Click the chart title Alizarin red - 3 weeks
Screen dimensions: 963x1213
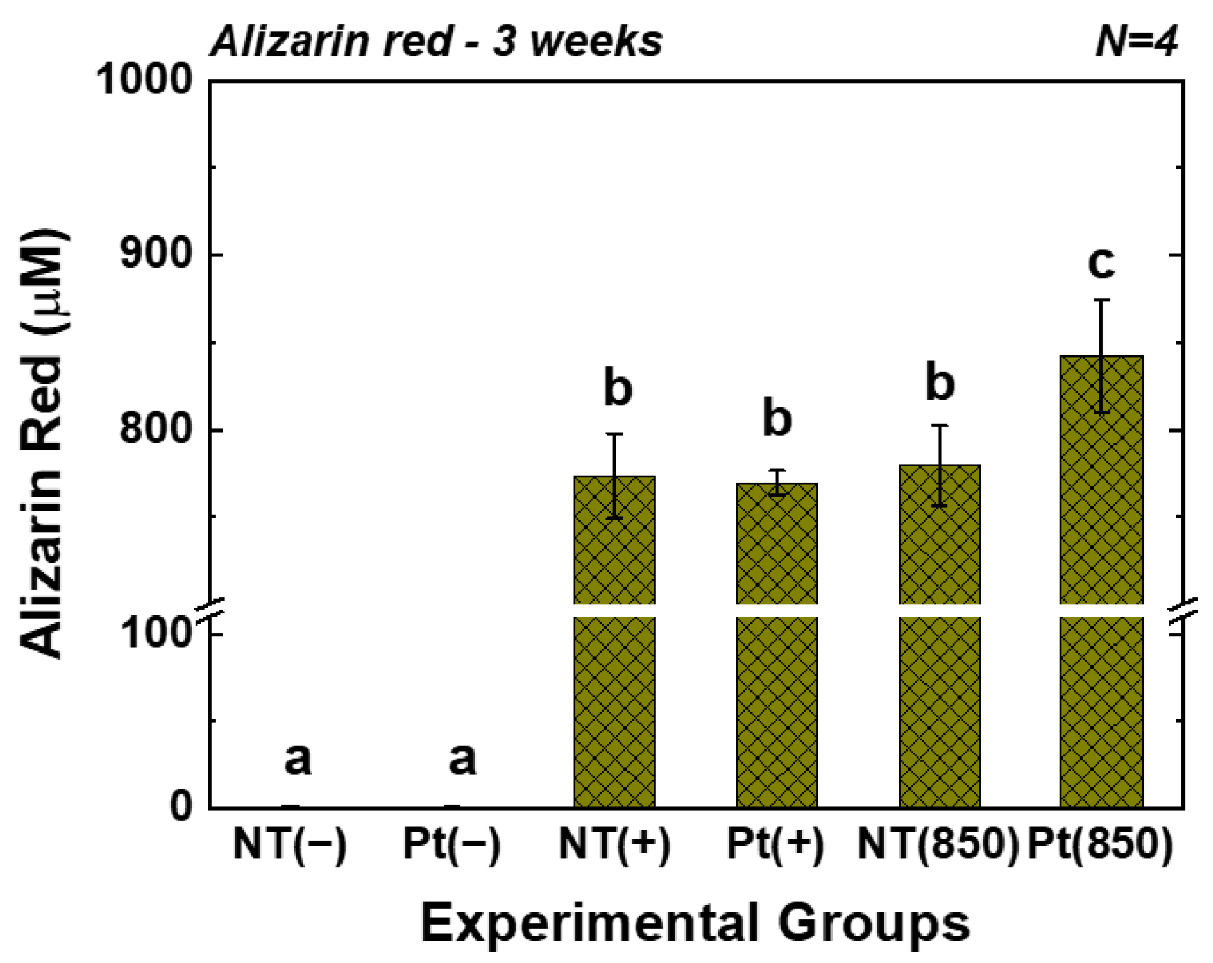click(436, 41)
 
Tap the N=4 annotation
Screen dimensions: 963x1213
click(1136, 41)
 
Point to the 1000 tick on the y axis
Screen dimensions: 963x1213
click(144, 79)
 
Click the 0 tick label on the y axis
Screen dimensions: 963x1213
click(180, 807)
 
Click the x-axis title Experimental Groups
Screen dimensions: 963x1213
click(695, 922)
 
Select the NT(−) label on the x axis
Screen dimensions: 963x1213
click(290, 843)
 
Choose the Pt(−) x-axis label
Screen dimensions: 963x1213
click(451, 843)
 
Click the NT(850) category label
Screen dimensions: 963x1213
click(937, 843)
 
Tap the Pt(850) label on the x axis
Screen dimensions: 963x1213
click(1100, 843)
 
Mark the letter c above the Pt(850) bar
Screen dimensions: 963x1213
click(1101, 263)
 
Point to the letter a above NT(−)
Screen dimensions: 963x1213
click(298, 759)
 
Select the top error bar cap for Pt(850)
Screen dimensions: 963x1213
click(1101, 300)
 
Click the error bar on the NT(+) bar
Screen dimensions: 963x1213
click(615, 476)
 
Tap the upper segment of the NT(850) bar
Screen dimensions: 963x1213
click(939, 541)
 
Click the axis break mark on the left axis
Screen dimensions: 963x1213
click(210, 610)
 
